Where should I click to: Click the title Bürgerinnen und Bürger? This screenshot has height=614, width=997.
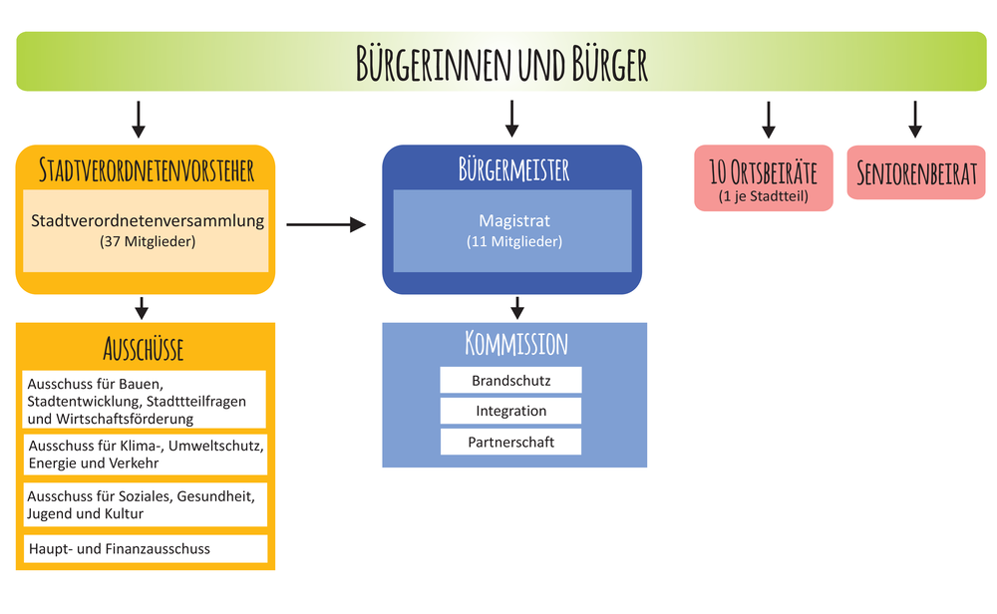click(x=501, y=63)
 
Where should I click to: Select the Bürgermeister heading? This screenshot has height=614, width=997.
click(x=512, y=169)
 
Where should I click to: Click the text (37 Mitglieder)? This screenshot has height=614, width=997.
click(x=148, y=242)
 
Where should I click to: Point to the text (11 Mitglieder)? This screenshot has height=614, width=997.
click(x=513, y=241)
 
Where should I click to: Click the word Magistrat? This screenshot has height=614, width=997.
click(x=513, y=221)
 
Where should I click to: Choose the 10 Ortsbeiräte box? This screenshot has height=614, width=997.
click(x=763, y=178)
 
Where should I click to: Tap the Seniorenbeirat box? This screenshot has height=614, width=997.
click(x=915, y=172)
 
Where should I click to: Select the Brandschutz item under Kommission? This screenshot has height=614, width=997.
click(x=510, y=381)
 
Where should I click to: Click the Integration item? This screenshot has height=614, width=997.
click(x=510, y=411)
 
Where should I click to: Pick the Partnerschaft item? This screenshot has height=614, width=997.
click(x=510, y=442)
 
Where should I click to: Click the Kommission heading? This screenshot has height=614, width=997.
click(x=515, y=345)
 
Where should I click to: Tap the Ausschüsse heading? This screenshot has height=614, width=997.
click(x=144, y=349)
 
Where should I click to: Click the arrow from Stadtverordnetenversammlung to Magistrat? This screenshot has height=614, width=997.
click(x=326, y=225)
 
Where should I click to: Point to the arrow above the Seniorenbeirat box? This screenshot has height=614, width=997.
click(x=915, y=119)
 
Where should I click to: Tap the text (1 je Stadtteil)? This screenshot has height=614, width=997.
click(x=763, y=197)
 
